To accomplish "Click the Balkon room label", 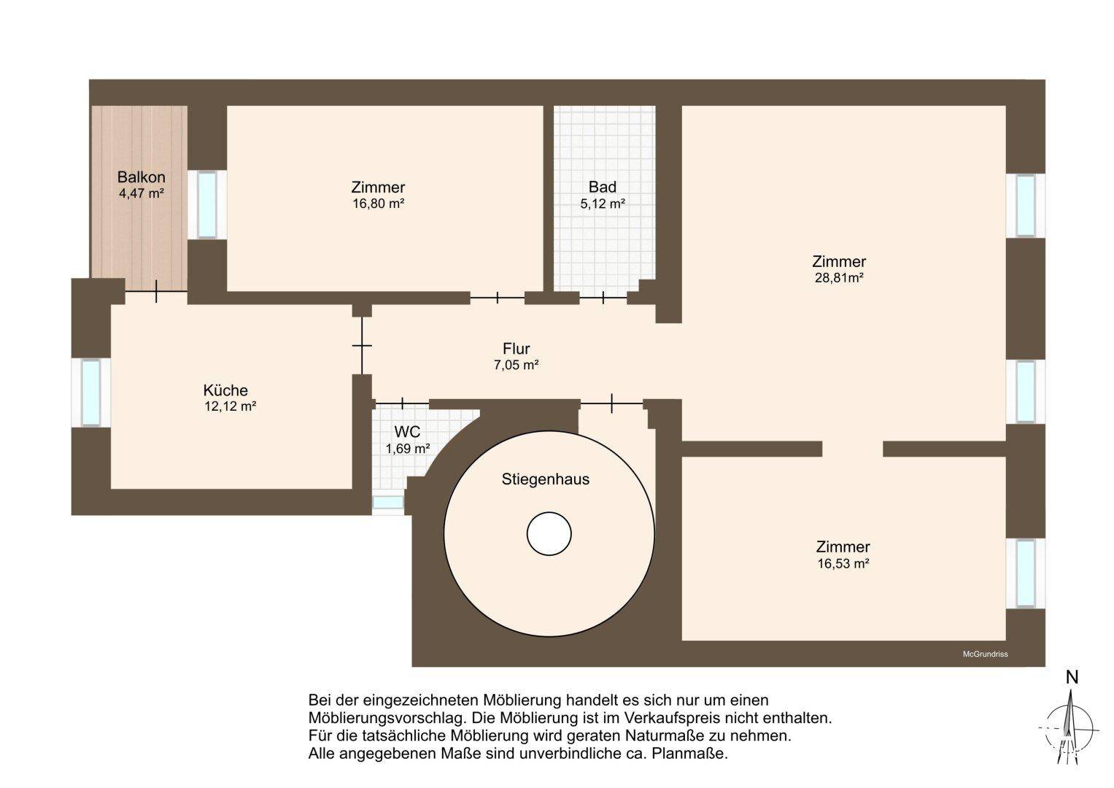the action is [142, 177].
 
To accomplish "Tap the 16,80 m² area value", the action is [378, 204].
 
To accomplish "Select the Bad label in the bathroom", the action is [603, 187].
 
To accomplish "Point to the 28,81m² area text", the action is [838, 277].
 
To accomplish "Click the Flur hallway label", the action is [517, 348].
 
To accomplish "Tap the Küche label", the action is [225, 390].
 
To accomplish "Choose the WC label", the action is [407, 431].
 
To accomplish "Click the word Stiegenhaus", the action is [545, 479].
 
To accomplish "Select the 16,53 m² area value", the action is [843, 563].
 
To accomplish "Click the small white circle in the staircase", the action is [549, 534].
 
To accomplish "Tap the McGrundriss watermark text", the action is [985, 654].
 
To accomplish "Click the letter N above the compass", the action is [1072, 678].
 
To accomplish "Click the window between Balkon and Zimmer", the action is [207, 204].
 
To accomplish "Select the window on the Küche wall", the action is [91, 393].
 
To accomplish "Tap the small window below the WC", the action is [388, 502].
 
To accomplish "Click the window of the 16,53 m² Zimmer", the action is [1026, 573].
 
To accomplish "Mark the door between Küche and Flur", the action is [362, 345].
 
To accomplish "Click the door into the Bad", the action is [603, 298].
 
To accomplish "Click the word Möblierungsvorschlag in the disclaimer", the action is [387, 718].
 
